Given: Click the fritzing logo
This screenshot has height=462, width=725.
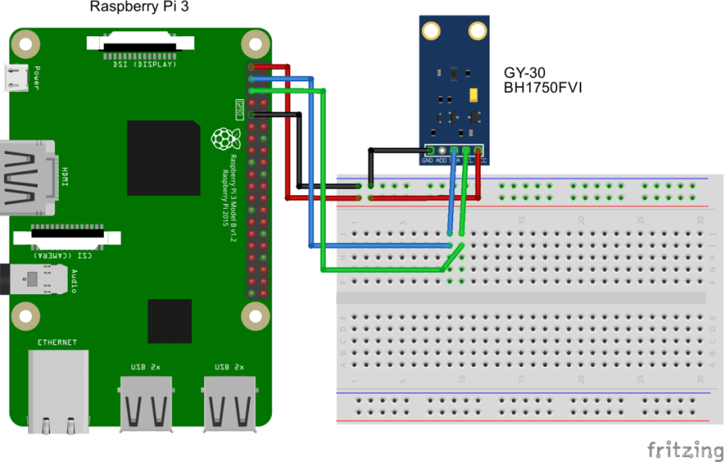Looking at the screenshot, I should coord(685,449).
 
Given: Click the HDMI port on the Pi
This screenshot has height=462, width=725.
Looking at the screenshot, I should coord(26,178).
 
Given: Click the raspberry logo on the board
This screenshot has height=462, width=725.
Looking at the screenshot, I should coord(221,139).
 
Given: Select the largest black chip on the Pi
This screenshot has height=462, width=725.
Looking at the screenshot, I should coord(163,158).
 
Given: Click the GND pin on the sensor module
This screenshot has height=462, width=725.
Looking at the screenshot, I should coord(430,150).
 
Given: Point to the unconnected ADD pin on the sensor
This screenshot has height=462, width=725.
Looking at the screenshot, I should coord(442,150).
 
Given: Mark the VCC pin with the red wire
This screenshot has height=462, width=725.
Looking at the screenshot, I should coord(478,150).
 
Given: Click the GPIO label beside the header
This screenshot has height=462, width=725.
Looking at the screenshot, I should coord(240,106).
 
